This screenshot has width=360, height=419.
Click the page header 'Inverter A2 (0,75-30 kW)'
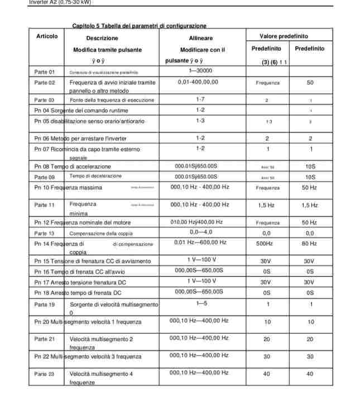(x=60, y=2)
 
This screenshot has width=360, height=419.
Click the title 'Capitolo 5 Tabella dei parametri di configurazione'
(x=140, y=26)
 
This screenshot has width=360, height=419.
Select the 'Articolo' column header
(x=47, y=36)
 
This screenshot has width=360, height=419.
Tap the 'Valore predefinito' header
(x=285, y=36)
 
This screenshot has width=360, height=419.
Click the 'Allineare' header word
(x=200, y=38)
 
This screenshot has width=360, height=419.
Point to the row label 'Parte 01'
(x=45, y=72)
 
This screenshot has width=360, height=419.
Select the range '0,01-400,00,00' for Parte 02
(x=198, y=82)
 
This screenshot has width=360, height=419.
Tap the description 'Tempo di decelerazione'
(x=95, y=176)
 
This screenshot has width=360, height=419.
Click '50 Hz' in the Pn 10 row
(x=309, y=188)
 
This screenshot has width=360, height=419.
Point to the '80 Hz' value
(x=309, y=244)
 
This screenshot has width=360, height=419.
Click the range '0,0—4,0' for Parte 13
(x=201, y=232)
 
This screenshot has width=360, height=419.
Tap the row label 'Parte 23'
(x=45, y=374)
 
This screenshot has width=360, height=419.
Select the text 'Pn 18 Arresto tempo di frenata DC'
(x=78, y=293)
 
